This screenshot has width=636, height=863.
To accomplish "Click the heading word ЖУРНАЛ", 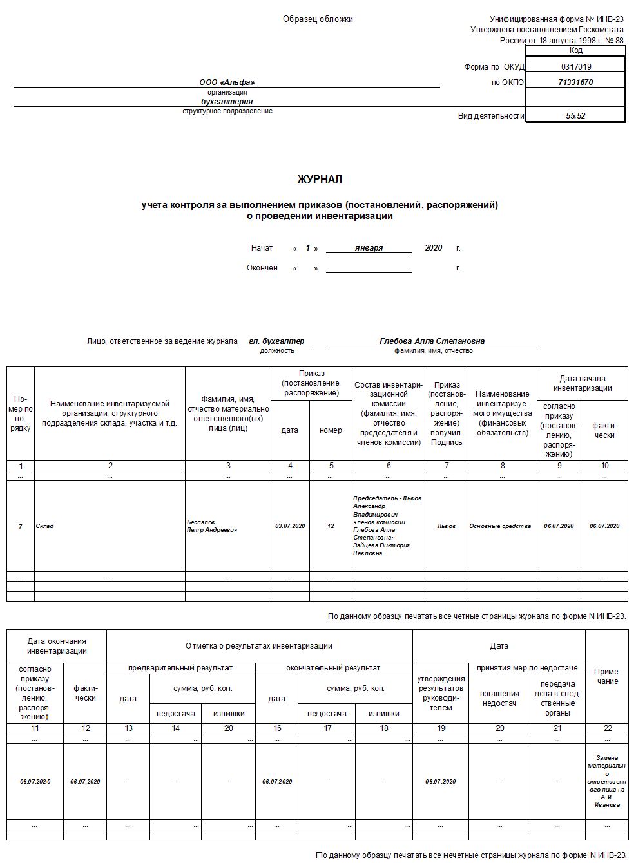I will pos(320,179).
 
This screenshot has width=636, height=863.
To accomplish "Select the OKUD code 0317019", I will pos(575,66).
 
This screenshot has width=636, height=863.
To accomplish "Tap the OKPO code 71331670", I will pos(575,82).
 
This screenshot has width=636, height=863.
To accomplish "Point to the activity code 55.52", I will pos(575,116).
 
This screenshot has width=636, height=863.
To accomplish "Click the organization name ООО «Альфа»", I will pos(227,82).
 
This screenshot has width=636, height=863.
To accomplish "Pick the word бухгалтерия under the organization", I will pos(227,101).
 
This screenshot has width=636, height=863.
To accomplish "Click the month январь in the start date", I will pos(369,248).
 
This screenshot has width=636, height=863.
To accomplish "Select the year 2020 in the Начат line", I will pos(433,248).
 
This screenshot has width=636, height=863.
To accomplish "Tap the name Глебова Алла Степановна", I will pos(432,341).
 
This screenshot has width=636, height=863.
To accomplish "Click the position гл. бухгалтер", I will pos(276,341).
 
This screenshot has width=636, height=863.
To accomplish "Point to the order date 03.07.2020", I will pos(290,526).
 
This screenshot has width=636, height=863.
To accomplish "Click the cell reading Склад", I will pos(45,526).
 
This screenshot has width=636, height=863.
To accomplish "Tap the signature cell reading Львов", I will pos(446,526).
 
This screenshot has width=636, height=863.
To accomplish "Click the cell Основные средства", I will pos(500,526).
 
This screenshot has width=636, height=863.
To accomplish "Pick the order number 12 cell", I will pos(331,526).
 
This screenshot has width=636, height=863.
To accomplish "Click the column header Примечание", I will pos(607,676).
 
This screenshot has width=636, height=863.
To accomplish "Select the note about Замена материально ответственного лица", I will pos(607,781).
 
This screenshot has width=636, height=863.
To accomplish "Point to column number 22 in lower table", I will pos(607,728).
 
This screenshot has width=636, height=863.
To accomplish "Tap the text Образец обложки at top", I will pos(318,19).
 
